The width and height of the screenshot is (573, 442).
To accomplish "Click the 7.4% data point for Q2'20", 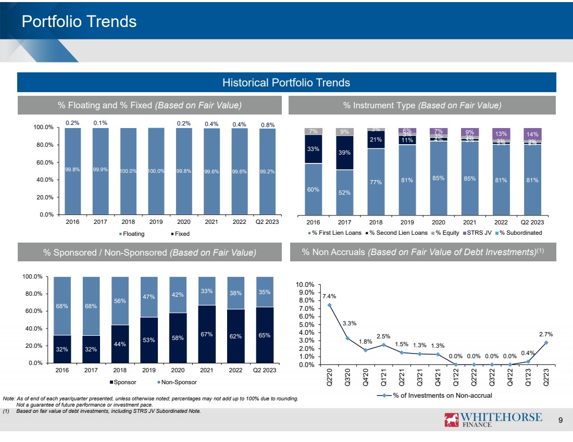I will [x=329, y=305].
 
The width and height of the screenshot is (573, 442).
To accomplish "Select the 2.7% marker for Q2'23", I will [x=546, y=343].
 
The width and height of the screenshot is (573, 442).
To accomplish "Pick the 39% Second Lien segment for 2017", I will [x=344, y=153].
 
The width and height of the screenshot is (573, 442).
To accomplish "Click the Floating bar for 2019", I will [x=156, y=171].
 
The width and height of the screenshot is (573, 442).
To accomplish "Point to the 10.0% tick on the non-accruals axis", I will [x=305, y=285].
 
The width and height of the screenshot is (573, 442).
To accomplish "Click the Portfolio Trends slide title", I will [x=79, y=21].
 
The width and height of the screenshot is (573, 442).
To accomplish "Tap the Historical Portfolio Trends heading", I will [x=286, y=82].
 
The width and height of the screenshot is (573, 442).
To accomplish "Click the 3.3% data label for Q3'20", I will [x=349, y=323].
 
